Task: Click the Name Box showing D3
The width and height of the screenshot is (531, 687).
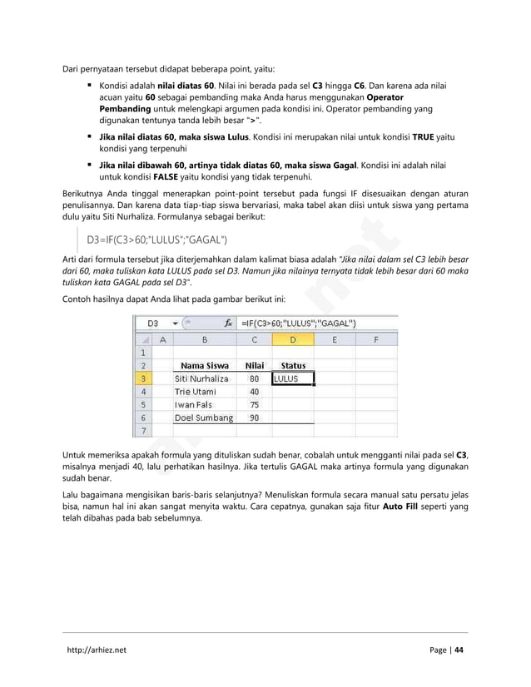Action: click(153, 323)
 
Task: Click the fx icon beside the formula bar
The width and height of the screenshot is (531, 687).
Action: click(228, 323)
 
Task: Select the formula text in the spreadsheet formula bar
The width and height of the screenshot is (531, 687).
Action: click(298, 323)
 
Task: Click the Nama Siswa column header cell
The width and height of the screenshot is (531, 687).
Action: click(205, 365)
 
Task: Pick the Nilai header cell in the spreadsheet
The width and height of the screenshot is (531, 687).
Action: click(254, 365)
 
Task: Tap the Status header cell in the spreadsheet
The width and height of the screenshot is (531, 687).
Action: click(293, 365)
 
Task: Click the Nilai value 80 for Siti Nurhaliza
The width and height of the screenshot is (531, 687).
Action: click(254, 378)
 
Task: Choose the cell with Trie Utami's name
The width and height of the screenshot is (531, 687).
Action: click(205, 392)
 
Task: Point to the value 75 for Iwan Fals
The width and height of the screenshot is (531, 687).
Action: click(254, 405)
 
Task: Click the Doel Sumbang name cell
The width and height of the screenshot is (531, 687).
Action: click(205, 418)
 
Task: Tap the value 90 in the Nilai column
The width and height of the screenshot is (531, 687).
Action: click(254, 418)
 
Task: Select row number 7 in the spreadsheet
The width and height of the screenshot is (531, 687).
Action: click(143, 431)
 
